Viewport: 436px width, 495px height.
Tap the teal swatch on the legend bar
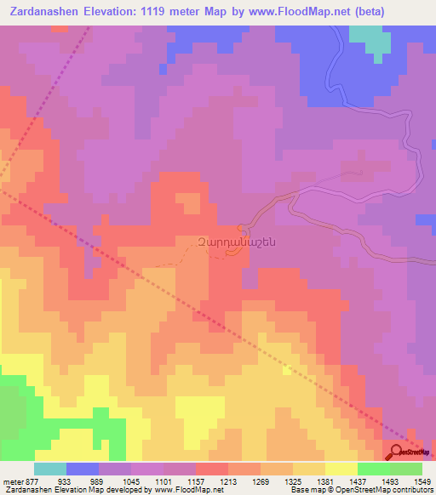click(x=50, y=469)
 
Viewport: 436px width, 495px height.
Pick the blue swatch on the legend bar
click(x=83, y=469)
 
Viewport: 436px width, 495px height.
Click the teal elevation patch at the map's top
click(x=369, y=38)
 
